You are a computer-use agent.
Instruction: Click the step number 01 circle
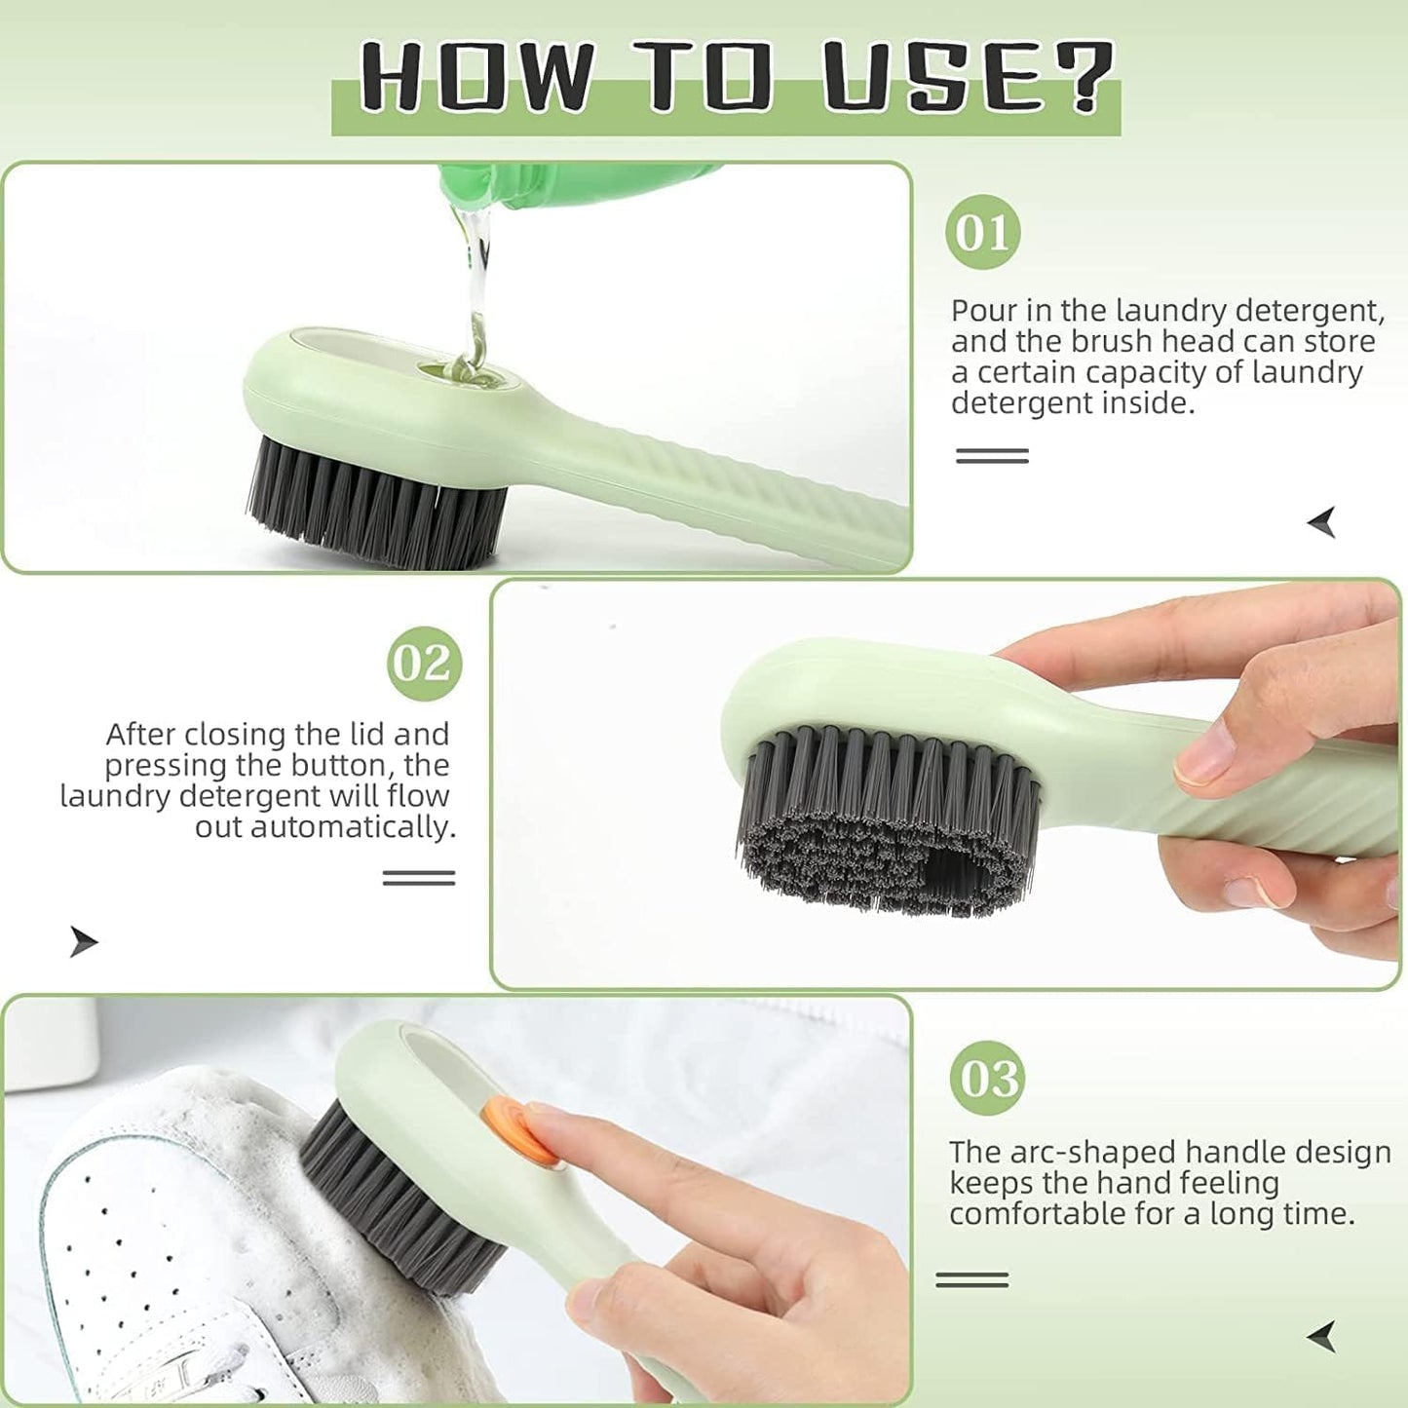(982, 232)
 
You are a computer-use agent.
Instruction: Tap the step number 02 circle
(424, 664)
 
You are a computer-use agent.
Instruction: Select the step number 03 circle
(987, 1078)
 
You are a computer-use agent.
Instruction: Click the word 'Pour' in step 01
(981, 311)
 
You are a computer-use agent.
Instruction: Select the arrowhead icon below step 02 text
(83, 941)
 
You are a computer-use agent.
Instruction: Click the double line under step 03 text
(971, 1279)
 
